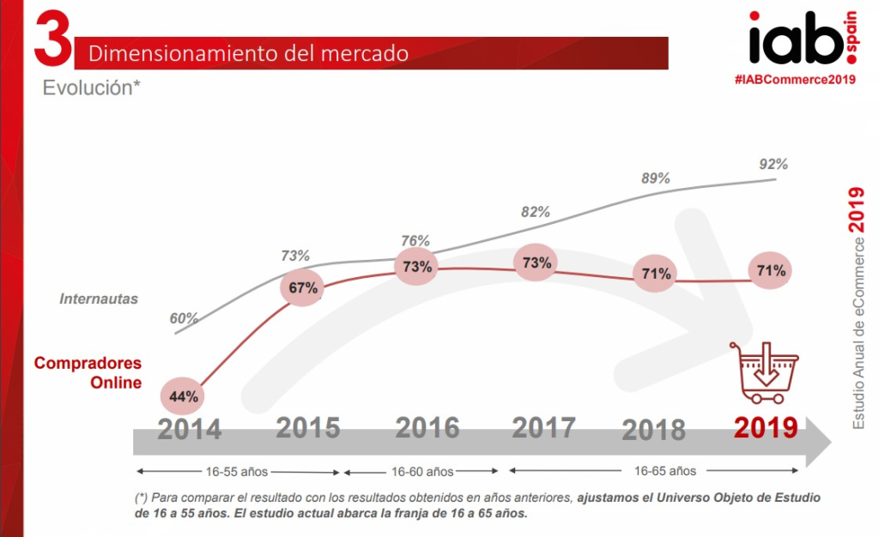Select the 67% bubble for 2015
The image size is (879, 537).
[303, 288]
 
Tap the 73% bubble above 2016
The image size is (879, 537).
[417, 266]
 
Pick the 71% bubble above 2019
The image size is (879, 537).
[770, 271]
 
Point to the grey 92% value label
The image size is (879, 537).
[773, 164]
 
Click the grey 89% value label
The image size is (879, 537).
[655, 178]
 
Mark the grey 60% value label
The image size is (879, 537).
[184, 318]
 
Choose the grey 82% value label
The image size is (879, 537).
[535, 212]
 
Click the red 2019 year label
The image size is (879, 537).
[765, 426]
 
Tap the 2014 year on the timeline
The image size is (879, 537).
[189, 428]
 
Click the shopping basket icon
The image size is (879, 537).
[763, 372]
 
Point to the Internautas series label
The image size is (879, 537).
[99, 299]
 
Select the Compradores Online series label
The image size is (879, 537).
[88, 373]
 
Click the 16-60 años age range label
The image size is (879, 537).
[421, 471]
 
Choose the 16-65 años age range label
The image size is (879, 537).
[667, 471]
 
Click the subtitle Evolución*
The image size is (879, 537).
[92, 87]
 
